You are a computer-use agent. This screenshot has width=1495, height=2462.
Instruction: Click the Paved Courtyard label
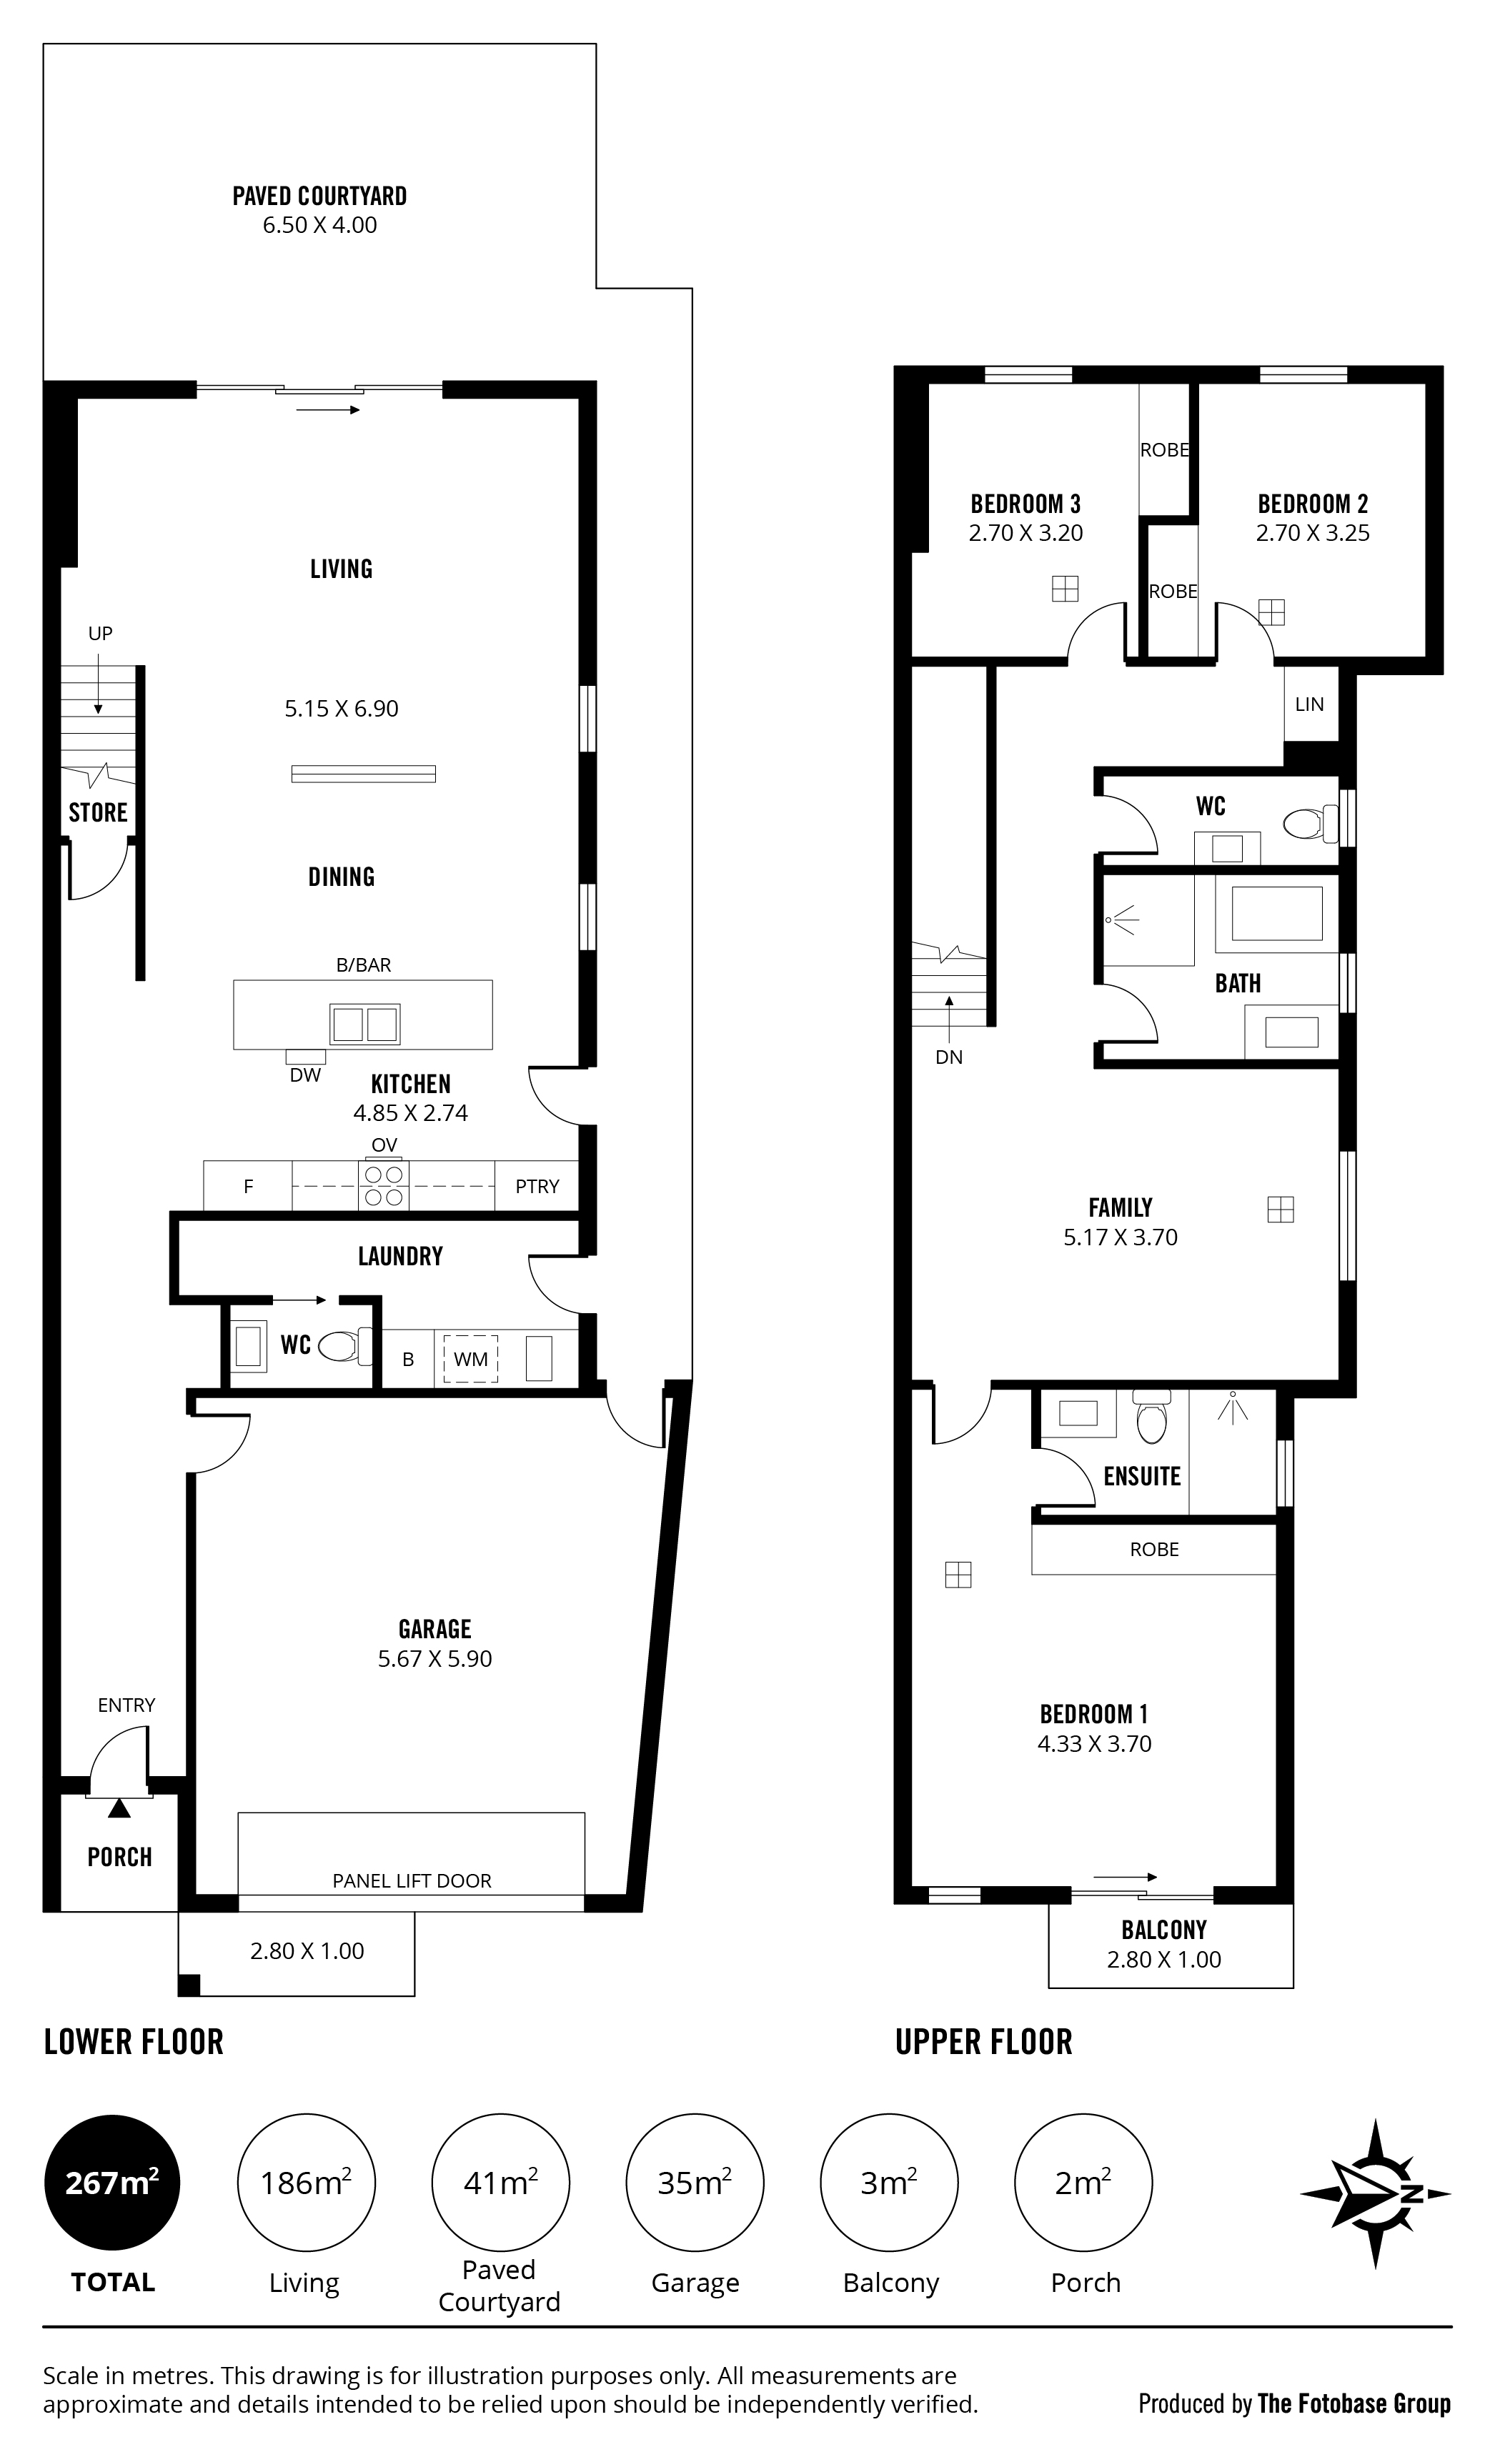tap(319, 196)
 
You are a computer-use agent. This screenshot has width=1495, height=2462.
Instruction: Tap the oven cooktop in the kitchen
tap(384, 1185)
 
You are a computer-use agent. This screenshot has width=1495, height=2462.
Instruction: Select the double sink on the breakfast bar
tap(364, 1025)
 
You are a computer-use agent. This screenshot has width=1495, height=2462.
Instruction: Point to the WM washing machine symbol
tap(471, 1359)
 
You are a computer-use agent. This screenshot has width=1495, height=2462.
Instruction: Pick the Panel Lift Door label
tap(412, 1880)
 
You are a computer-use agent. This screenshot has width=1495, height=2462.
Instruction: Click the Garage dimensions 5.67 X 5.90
tap(434, 1659)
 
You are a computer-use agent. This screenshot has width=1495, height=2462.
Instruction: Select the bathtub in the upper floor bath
tap(1276, 913)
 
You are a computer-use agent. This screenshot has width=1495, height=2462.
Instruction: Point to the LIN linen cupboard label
tap(1309, 704)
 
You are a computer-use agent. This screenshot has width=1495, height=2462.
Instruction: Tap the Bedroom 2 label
tap(1312, 504)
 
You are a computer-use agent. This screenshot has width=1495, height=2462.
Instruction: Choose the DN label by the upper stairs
tap(949, 1057)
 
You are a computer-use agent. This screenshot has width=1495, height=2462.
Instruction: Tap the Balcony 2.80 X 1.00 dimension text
tap(1164, 1960)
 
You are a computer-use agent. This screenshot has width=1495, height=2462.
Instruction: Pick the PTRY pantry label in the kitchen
tap(537, 1186)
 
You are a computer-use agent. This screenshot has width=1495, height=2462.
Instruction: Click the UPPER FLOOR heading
tap(983, 2043)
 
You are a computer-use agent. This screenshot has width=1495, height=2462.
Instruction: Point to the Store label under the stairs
tap(98, 812)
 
